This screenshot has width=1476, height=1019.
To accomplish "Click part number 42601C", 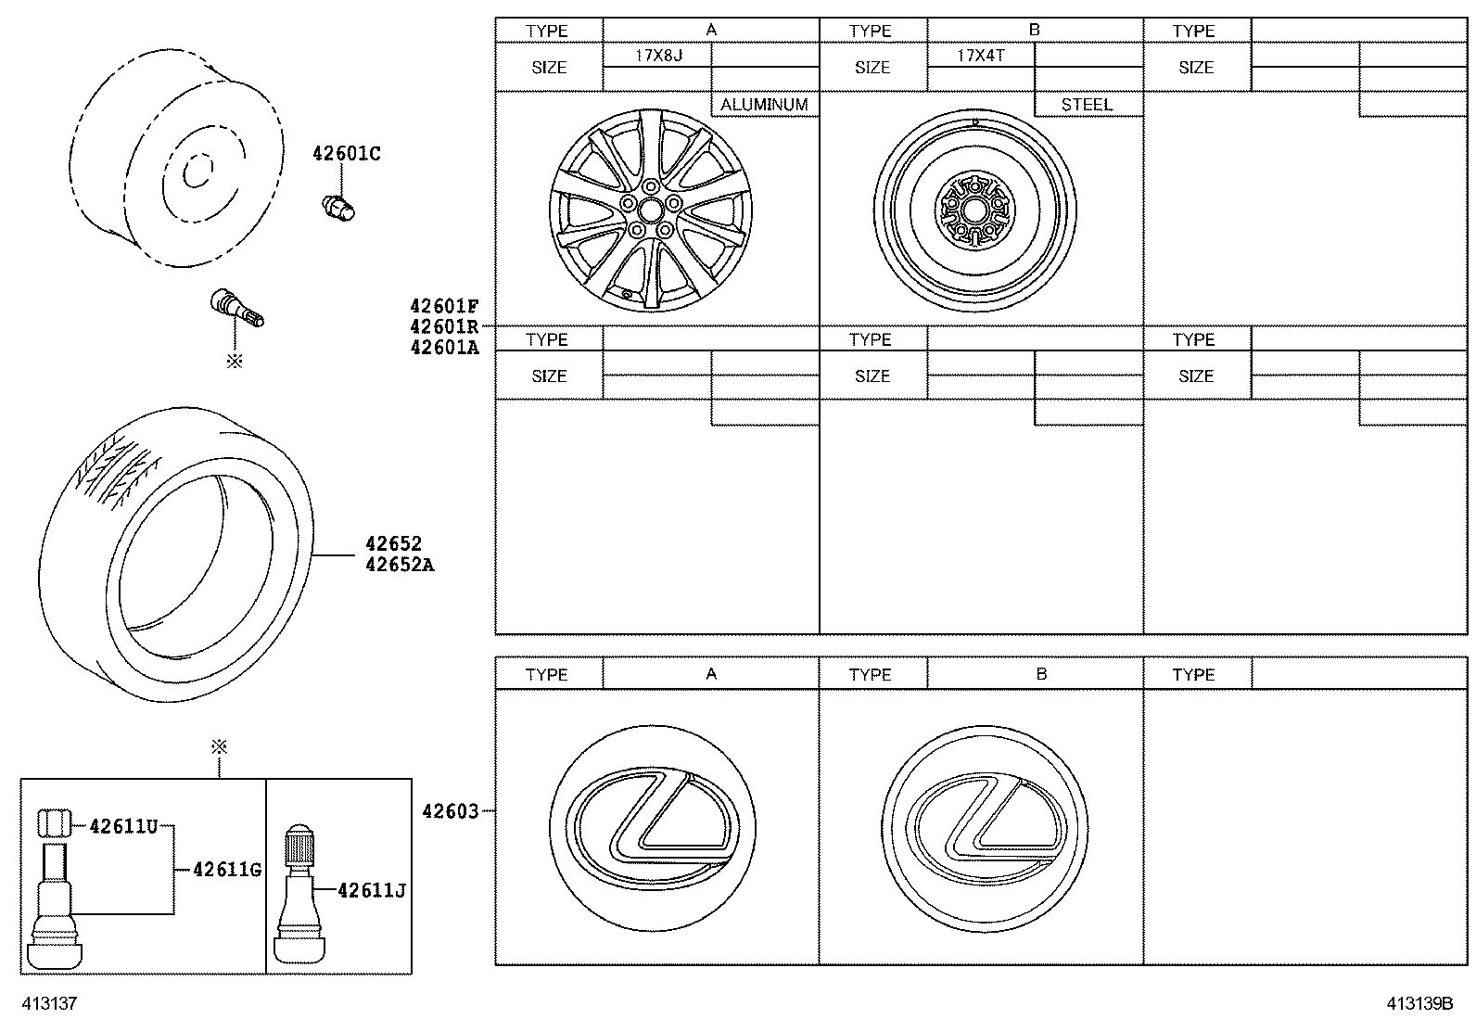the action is tap(347, 154).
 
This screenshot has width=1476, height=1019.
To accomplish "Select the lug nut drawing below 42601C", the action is tap(339, 208).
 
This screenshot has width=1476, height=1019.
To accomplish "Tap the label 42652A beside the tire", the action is tap(400, 565).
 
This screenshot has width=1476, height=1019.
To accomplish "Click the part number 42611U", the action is tap(124, 826).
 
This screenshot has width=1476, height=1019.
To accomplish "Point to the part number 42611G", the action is tap(227, 870).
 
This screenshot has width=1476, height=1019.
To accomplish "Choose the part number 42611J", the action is tap(373, 891).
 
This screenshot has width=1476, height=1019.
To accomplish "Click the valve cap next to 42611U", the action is tap(54, 822).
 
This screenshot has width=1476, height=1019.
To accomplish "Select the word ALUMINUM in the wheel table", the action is tap(764, 105).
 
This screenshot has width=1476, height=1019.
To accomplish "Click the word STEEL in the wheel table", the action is tap(1087, 105).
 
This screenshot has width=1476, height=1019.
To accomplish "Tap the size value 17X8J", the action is tap(659, 56).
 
